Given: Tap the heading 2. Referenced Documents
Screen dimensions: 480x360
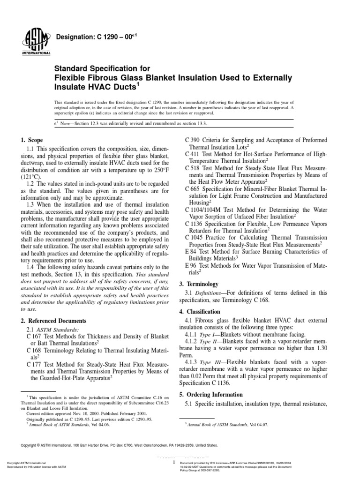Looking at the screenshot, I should pos(53,321).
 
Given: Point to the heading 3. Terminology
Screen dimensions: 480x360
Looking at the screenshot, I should pos(199,284).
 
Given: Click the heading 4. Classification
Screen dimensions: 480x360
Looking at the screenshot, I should pos(202,312).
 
